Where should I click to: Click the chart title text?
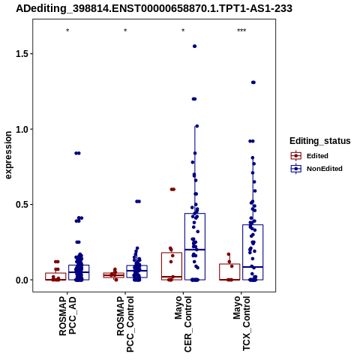(154, 8)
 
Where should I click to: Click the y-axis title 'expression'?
(8, 155)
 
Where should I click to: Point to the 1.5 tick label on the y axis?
(22, 54)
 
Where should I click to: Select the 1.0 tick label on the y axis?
(22, 129)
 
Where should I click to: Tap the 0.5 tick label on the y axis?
(22, 205)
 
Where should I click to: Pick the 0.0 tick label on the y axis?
(22, 280)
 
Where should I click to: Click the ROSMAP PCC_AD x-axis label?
(67, 316)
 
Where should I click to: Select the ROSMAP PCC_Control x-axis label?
(125, 324)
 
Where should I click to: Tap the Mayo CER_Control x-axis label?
(183, 324)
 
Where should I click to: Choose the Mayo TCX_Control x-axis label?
(241, 323)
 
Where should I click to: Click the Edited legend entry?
(310, 156)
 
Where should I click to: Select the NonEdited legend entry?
(316, 169)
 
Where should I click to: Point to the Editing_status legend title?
(320, 141)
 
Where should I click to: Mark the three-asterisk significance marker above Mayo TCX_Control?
(241, 31)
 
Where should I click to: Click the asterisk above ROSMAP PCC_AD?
(67, 31)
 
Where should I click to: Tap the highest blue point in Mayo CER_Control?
(194, 46)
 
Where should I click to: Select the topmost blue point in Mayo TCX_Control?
(253, 82)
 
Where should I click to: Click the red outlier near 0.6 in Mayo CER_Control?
(172, 189)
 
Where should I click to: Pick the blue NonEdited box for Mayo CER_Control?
(195, 247)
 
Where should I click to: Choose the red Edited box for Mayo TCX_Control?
(229, 271)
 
